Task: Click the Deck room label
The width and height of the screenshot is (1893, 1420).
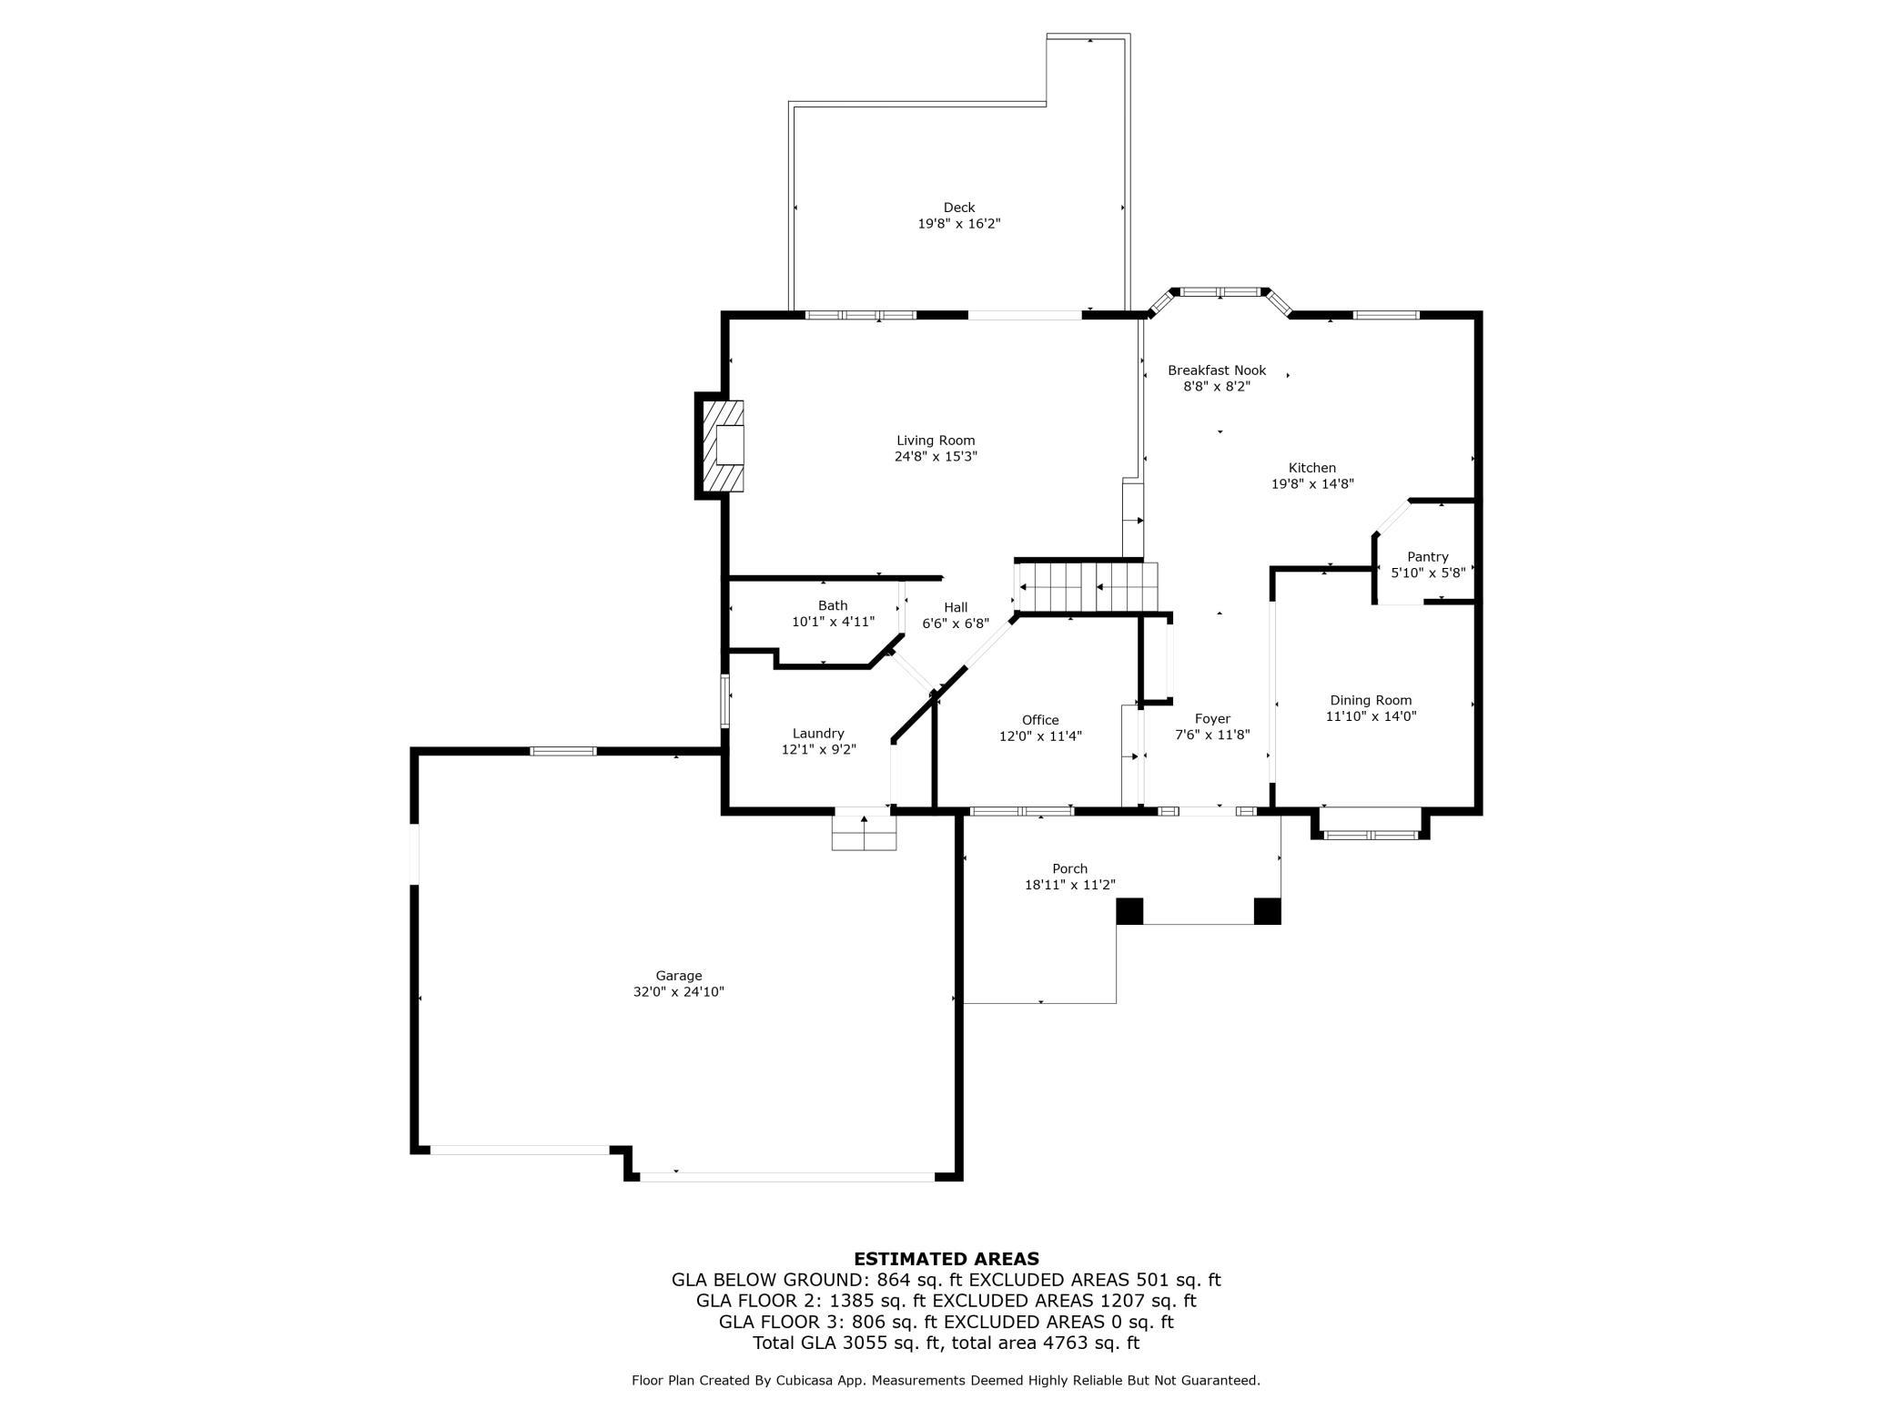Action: tap(958, 208)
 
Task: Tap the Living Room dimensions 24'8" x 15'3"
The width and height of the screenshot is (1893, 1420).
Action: tap(936, 456)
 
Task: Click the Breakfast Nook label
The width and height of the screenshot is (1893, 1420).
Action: tap(1217, 370)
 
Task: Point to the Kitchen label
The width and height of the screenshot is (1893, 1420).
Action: tap(1311, 468)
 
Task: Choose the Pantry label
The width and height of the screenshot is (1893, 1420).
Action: tap(1427, 557)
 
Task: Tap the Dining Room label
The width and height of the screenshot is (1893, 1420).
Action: tap(1371, 700)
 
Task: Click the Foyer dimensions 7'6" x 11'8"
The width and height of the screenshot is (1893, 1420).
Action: tap(1212, 735)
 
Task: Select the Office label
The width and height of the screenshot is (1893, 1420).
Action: tap(1040, 720)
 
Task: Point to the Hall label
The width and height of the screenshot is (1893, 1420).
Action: tap(956, 607)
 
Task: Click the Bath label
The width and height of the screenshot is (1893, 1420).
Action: tap(833, 605)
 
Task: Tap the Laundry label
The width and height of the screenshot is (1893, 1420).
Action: tap(818, 734)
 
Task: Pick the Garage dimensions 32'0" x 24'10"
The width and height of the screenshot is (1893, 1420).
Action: tap(679, 991)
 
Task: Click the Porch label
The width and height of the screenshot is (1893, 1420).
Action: tap(1069, 868)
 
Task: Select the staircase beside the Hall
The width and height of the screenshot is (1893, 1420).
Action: tap(1087, 587)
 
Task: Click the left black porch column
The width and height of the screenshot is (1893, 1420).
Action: tap(1129, 911)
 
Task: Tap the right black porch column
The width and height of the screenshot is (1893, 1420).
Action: tap(1267, 911)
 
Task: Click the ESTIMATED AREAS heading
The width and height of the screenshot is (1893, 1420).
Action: tap(946, 1259)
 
